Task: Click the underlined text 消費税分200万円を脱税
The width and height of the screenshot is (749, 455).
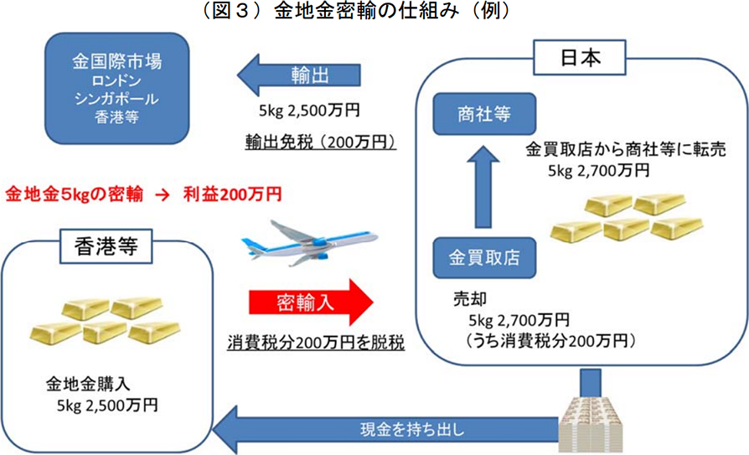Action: [x=316, y=343]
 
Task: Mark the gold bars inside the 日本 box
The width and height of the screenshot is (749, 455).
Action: [x=628, y=220]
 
